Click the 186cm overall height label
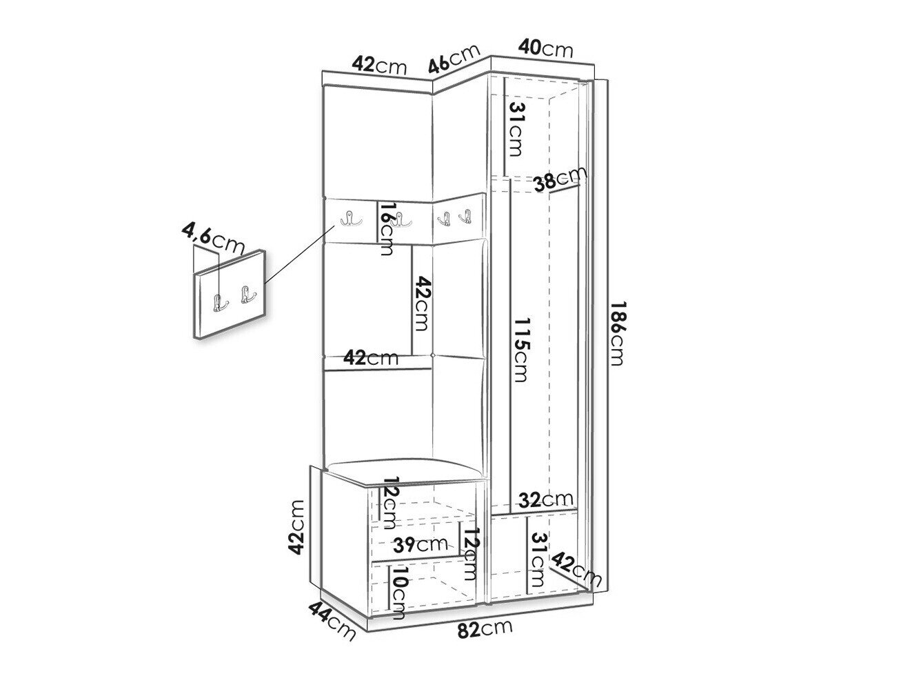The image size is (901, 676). (x=617, y=333)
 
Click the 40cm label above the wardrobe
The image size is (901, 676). (x=545, y=48)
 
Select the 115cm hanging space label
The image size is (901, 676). (x=519, y=350)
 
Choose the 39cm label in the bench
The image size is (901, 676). (x=420, y=544)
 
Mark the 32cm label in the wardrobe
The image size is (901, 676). (x=545, y=499)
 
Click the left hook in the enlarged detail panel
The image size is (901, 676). (x=220, y=303)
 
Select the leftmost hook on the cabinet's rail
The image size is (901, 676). (x=352, y=219)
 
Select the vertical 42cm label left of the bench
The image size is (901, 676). (x=296, y=527)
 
